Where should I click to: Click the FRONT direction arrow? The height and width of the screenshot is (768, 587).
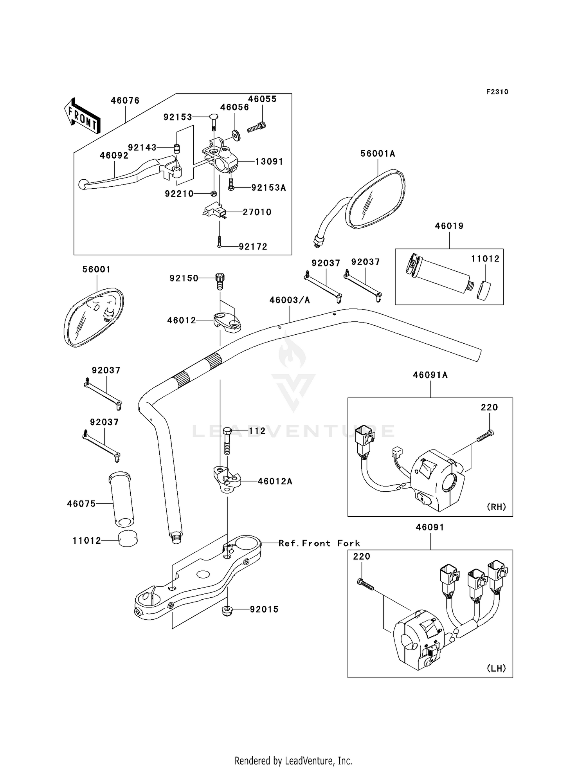point(82,116)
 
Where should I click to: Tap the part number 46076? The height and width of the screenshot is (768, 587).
point(125,101)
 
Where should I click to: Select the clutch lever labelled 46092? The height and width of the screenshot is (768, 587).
point(127,173)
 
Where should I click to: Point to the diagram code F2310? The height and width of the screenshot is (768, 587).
point(497,92)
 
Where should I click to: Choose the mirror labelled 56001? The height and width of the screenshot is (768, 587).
point(94,317)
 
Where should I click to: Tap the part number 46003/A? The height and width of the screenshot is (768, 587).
point(290,300)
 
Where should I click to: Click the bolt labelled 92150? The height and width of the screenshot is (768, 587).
point(220,281)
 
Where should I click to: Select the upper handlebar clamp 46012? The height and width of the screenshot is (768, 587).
point(227,322)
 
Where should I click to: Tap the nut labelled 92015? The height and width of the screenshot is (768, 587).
point(227,610)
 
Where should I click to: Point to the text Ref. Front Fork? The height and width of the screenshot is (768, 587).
point(319,543)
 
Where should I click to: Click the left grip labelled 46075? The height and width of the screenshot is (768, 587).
point(121,499)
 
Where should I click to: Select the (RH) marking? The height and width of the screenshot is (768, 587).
point(496,507)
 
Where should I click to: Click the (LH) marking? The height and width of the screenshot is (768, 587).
point(496,668)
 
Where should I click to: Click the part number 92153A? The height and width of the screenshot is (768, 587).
point(268,188)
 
